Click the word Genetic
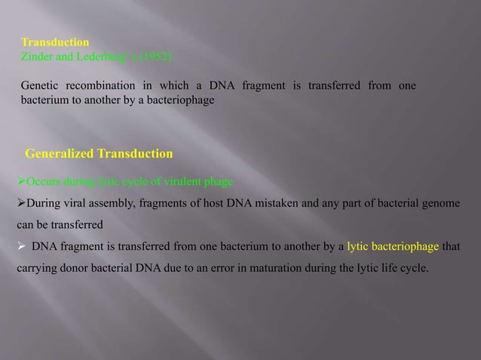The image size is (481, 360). click(x=40, y=86)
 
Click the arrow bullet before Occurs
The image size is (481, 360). click(x=20, y=182)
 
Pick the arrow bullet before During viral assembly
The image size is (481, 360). click(x=20, y=203)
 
